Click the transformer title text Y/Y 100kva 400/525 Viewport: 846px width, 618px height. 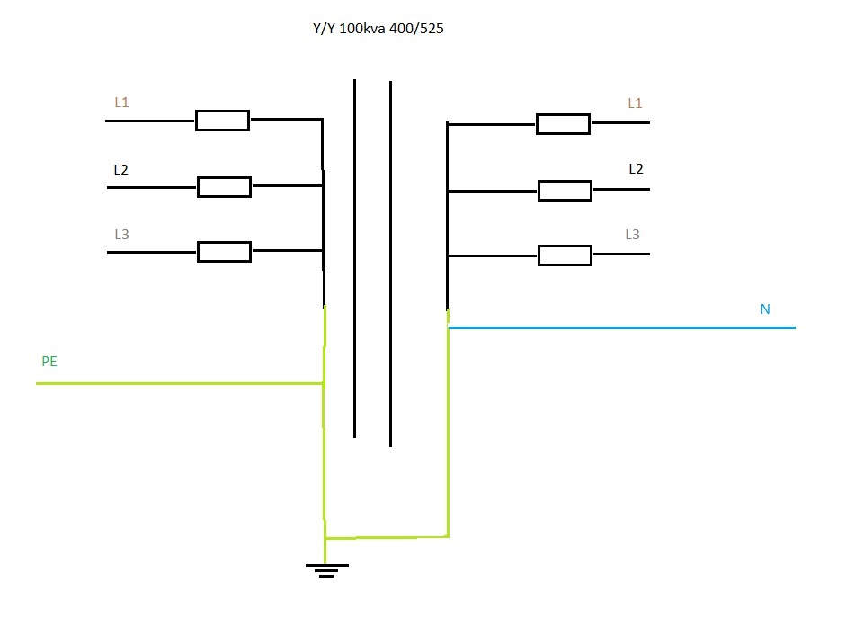(378, 29)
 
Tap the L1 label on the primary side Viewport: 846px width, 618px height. (121, 103)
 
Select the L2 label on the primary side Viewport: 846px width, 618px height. (121, 169)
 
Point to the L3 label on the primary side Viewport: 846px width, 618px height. (121, 235)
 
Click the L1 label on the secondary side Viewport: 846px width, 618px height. (635, 103)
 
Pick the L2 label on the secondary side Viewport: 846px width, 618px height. (636, 168)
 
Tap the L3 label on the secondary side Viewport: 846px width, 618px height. (633, 235)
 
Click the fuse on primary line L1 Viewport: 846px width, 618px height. (222, 121)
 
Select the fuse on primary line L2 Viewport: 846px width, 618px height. (224, 187)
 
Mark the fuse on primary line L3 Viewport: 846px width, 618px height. (224, 252)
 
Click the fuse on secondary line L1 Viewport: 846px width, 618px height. (563, 124)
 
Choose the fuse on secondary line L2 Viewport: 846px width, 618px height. (565, 191)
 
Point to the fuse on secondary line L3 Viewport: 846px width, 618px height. (565, 255)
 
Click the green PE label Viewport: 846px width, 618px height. (49, 362)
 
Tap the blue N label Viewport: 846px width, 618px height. (765, 309)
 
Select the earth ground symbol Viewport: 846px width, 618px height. (326, 569)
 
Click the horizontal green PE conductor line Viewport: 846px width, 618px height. (180, 384)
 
